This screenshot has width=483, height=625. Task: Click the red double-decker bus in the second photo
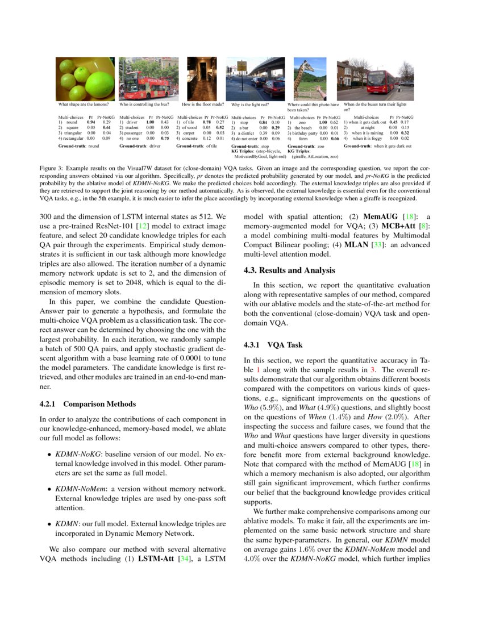tap(147, 86)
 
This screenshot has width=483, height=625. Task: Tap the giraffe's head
tap(299, 64)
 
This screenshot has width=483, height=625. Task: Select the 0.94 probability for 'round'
tap(90, 122)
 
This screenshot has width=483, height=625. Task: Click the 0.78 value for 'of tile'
tap(207, 122)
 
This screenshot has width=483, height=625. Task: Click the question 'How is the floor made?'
tap(203, 105)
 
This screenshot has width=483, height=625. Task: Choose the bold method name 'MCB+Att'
tap(411, 226)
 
